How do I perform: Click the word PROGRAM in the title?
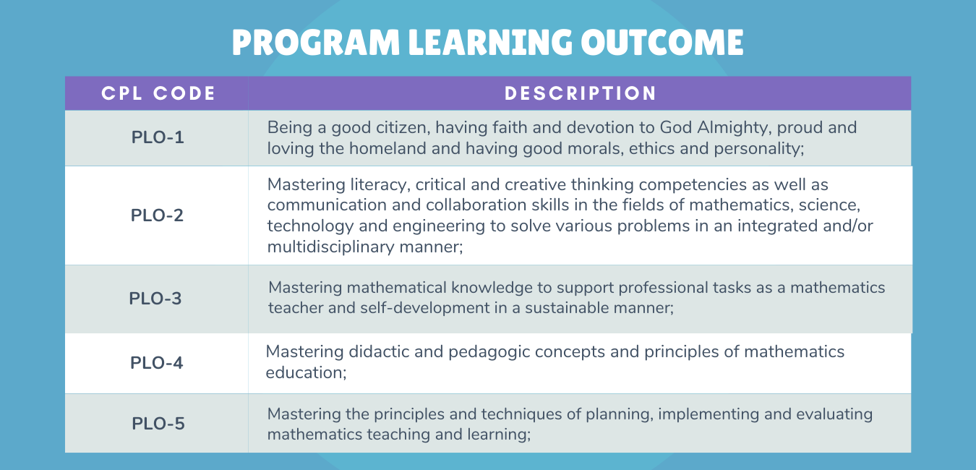point(315,42)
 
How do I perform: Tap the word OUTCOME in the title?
point(662,42)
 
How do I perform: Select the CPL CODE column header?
point(158,93)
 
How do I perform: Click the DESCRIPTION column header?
point(580,93)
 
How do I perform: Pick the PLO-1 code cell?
point(158,137)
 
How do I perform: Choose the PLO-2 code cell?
point(157,215)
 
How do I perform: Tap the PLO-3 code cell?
point(155,299)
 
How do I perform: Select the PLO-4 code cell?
point(156,362)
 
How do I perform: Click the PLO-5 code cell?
point(158,424)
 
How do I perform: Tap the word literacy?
point(380,185)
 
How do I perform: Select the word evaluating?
point(834,414)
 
